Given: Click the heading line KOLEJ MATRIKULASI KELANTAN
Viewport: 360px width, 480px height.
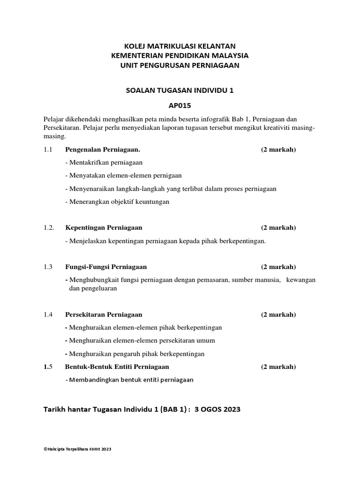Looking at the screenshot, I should (x=180, y=46).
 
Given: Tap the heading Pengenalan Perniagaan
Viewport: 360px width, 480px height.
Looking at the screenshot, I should (x=103, y=150).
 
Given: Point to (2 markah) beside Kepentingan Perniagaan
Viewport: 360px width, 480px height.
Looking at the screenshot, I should (x=278, y=228).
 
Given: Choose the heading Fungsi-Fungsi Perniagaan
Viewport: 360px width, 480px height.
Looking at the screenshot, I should (x=106, y=267).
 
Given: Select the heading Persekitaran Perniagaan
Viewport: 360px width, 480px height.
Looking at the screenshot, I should (x=104, y=315).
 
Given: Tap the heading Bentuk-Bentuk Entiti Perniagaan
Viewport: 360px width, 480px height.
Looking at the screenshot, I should (x=117, y=367).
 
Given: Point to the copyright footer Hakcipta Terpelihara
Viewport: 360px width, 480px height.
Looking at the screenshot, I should (x=77, y=449).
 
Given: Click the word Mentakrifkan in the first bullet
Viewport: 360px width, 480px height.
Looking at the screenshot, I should (x=87, y=163).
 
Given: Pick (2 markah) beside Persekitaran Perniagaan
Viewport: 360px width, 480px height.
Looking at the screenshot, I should (x=278, y=315).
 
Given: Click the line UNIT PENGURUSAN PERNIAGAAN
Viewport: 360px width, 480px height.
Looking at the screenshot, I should (x=180, y=66).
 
